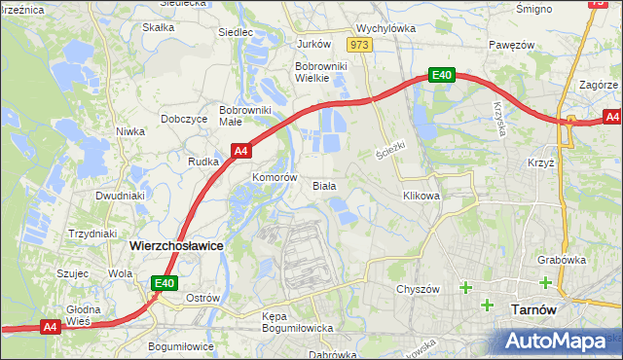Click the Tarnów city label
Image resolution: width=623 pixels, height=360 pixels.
point(533,309)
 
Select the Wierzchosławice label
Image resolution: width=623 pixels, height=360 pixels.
point(176,246)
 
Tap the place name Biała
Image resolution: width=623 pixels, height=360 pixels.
point(324,185)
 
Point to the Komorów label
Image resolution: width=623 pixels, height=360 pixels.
point(274,178)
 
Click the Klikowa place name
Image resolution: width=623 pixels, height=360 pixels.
point(421,196)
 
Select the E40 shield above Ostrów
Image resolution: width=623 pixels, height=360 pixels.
point(164,283)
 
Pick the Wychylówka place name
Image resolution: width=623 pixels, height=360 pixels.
point(385,29)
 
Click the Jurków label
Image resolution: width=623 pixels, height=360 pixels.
point(313,45)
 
